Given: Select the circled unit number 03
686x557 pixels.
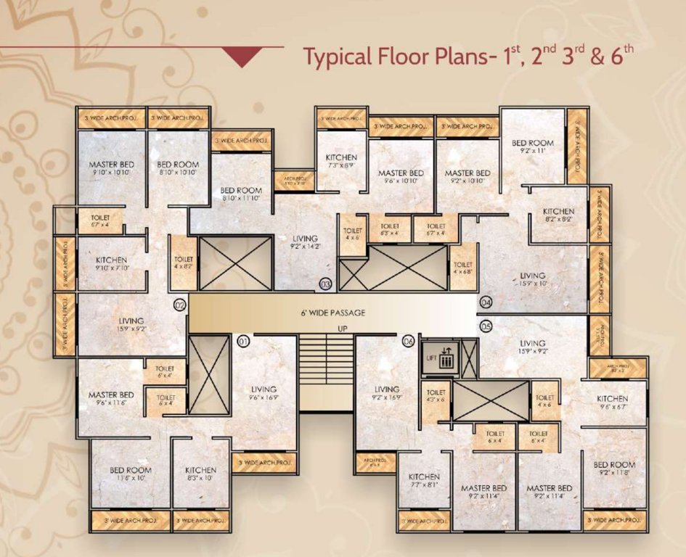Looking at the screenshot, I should click(326, 284).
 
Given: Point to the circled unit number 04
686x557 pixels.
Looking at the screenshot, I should click(486, 302).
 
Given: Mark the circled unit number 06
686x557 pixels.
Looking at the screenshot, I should click(408, 340).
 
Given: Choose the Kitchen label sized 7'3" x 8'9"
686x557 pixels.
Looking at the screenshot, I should click(340, 161).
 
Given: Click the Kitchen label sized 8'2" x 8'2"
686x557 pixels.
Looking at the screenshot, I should click(558, 215).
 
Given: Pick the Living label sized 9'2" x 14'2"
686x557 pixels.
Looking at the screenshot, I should click(304, 242).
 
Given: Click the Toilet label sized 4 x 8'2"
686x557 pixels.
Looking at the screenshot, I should click(184, 263).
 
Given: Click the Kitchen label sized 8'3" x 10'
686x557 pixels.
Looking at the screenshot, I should click(200, 474).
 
